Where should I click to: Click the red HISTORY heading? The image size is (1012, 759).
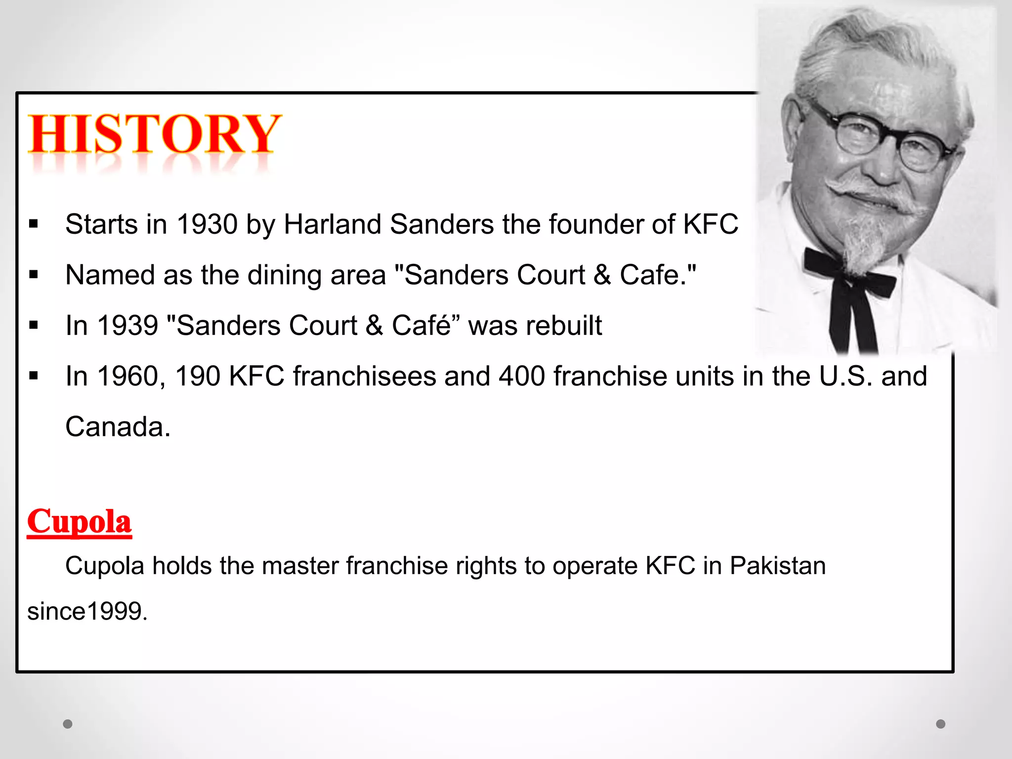coord(154,134)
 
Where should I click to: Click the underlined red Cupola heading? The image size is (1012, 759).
coord(80,522)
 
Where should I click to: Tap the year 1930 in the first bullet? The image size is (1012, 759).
coord(207,224)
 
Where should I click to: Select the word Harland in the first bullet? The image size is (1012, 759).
coord(333,224)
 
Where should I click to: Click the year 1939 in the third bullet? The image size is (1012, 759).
coord(127,326)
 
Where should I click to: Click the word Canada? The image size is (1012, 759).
coord(118,426)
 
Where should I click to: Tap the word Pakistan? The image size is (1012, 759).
coord(777,566)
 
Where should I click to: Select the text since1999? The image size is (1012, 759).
coord(87,612)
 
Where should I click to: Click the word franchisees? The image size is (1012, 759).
coord(364,376)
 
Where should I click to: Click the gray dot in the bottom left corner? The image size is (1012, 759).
coord(68,724)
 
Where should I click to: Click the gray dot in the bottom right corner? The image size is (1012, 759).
coord(940,724)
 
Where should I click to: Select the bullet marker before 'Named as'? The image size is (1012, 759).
coord(34,275)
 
